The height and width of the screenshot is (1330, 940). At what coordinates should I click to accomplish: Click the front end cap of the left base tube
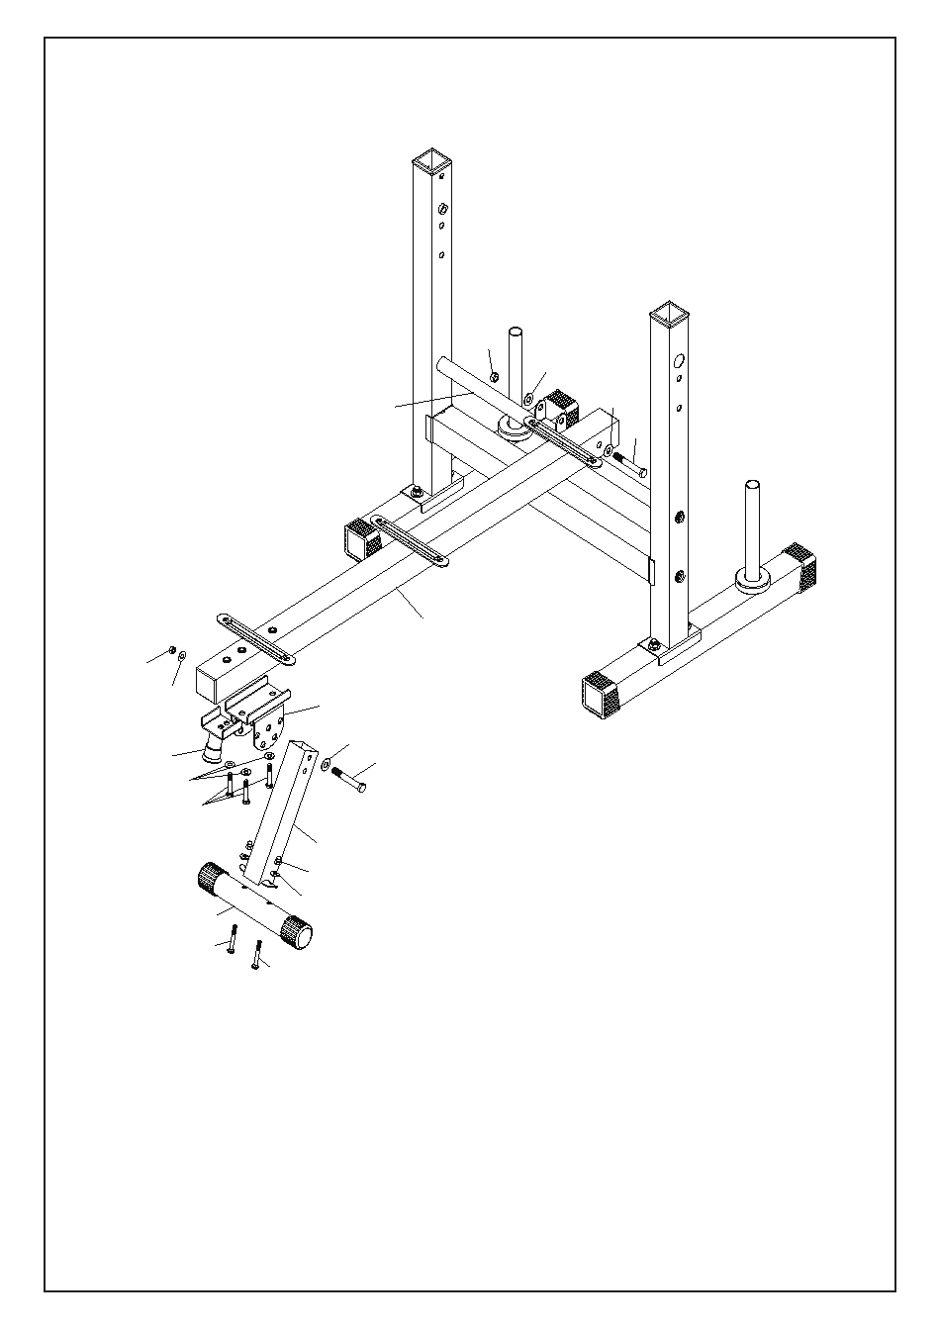tap(361, 539)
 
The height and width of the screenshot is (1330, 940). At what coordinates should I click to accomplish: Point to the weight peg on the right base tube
tap(753, 534)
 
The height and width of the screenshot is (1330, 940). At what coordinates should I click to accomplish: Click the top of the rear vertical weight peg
tap(516, 332)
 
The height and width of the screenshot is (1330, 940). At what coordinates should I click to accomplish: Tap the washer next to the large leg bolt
tap(326, 763)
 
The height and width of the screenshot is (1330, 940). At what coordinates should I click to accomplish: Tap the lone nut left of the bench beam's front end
tap(172, 650)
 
